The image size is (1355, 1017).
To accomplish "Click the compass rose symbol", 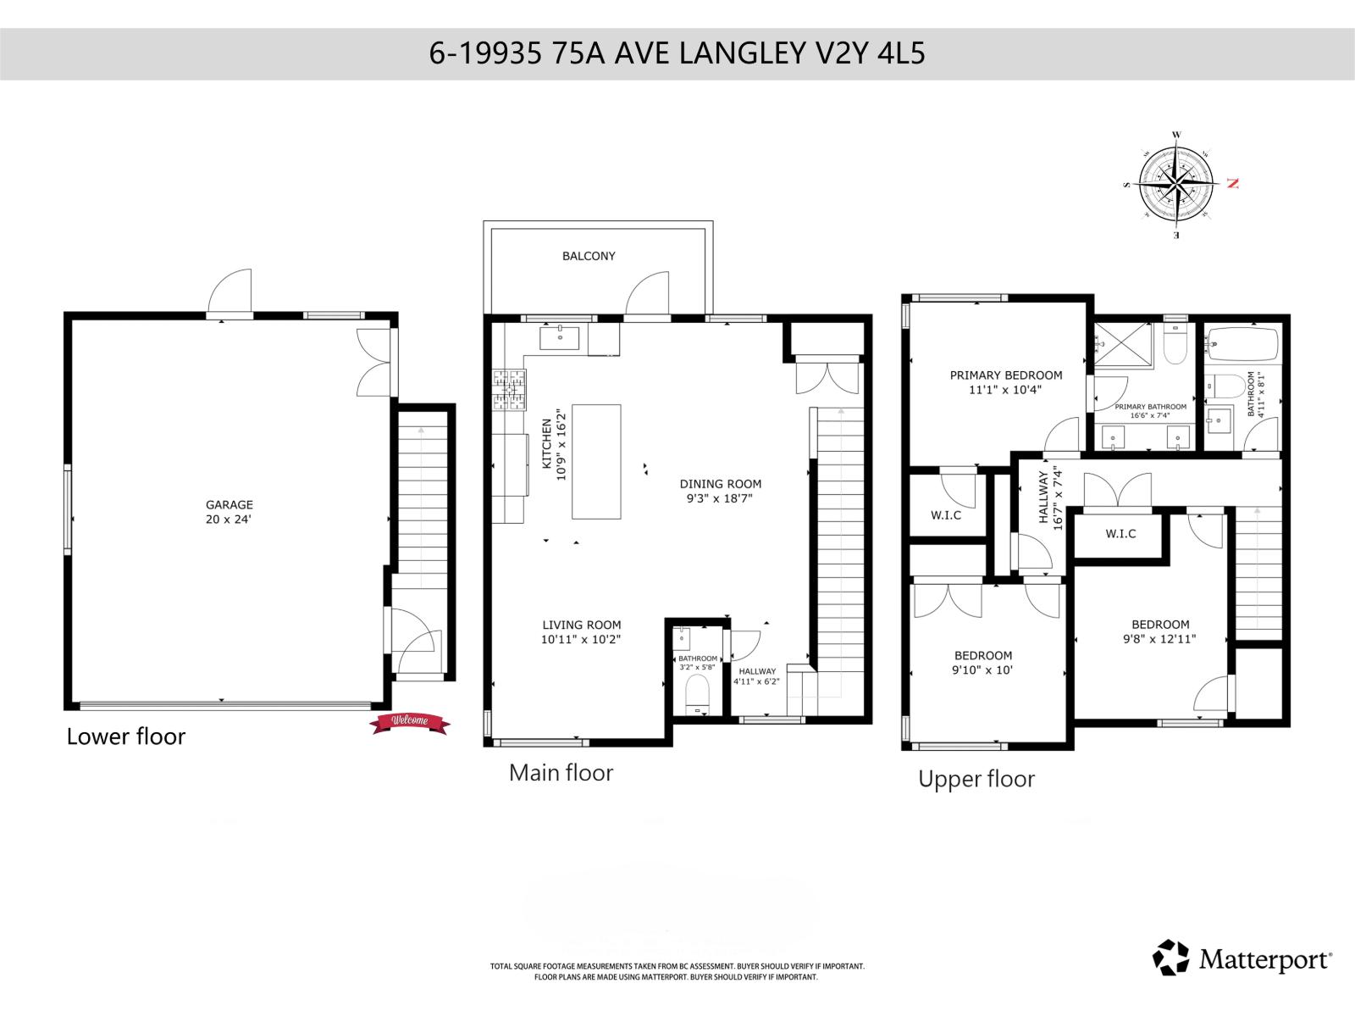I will pyautogui.click(x=1178, y=184).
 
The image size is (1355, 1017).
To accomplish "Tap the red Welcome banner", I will pyautogui.click(x=410, y=722).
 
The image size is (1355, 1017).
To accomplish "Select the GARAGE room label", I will pyautogui.click(x=230, y=504).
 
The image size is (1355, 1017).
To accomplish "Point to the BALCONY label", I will pyautogui.click(x=589, y=256).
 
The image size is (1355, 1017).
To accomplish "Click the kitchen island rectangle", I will pyautogui.click(x=596, y=461).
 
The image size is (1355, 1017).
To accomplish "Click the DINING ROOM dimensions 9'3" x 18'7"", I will pyautogui.click(x=720, y=499).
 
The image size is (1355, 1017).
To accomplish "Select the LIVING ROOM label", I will pyautogui.click(x=582, y=625).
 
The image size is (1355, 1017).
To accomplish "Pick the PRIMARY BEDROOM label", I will pyautogui.click(x=1005, y=375).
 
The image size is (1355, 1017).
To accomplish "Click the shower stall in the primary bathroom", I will pyautogui.click(x=1123, y=345).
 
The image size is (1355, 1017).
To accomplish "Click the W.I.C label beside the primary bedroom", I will pyautogui.click(x=945, y=515).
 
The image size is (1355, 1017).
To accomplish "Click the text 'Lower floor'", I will pyautogui.click(x=125, y=736).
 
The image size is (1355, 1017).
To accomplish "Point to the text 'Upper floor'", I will pyautogui.click(x=976, y=779).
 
